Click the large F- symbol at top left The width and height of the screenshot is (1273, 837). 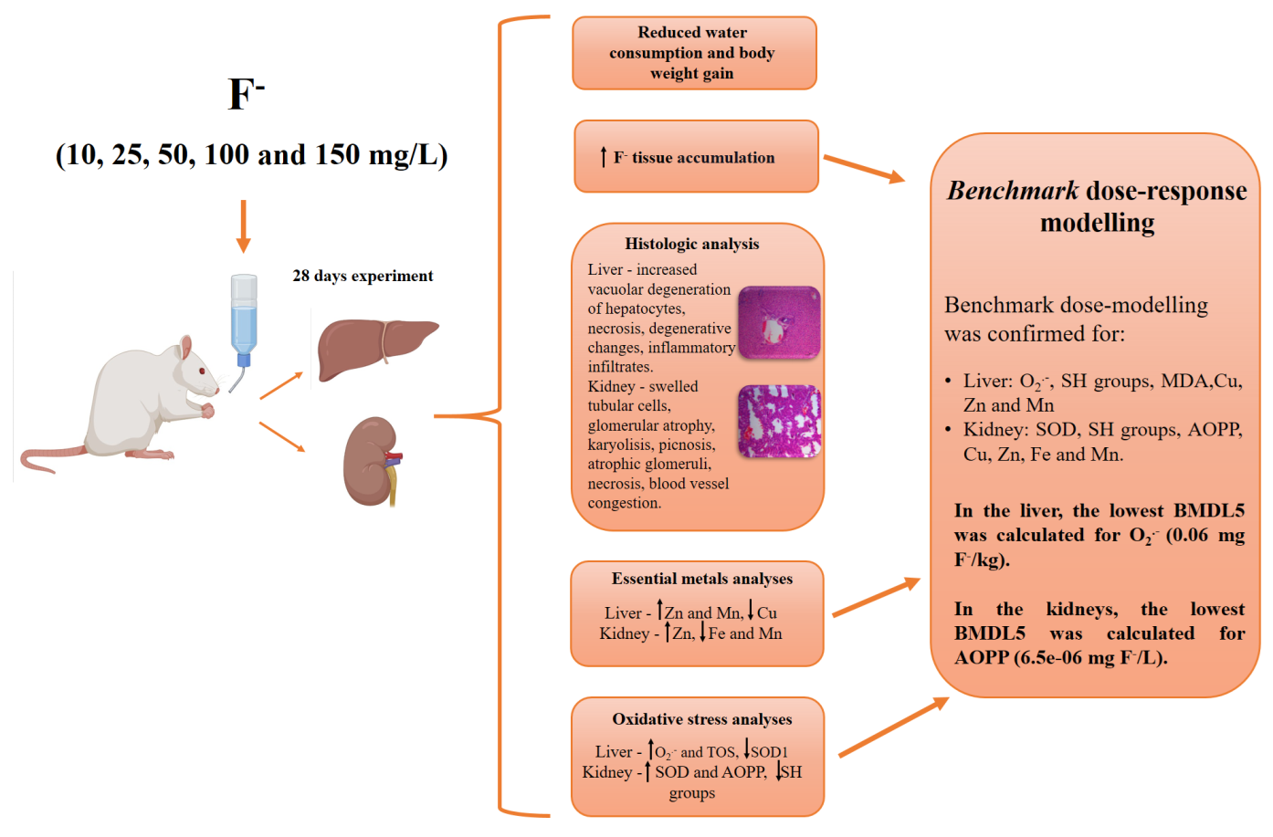245,93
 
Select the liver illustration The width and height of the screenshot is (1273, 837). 374,347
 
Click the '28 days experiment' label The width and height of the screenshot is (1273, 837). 363,276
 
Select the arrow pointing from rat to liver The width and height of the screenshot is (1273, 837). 280,386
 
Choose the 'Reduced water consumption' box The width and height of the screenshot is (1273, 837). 693,53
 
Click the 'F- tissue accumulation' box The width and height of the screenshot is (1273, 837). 696,157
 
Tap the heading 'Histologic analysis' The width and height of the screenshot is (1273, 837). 691,244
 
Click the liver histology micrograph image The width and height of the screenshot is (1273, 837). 779,322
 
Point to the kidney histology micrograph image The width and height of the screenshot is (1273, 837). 779,421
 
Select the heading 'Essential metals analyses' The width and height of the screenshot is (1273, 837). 701,579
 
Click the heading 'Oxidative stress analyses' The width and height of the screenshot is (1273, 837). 701,719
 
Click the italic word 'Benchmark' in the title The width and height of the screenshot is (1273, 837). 1012,191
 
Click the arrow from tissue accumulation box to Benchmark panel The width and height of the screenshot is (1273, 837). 863,169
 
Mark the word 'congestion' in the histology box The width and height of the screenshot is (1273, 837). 623,503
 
